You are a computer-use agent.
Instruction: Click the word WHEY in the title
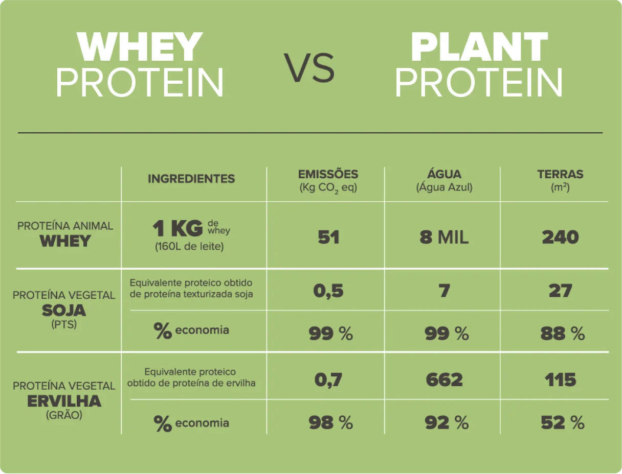140,46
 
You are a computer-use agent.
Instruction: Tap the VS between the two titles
309,68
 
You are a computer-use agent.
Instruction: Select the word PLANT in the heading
480,46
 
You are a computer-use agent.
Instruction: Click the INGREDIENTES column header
191,179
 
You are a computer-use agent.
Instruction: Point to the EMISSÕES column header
328,174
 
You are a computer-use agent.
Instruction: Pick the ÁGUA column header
444,174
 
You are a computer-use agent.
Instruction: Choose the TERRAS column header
560,174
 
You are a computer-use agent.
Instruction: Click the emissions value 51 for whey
328,237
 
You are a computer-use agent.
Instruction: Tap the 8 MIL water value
444,237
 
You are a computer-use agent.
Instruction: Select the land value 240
560,237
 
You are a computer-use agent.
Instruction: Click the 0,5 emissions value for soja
328,291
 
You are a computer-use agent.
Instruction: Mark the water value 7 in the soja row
445,291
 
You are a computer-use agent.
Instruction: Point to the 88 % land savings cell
563,334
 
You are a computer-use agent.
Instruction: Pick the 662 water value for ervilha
444,380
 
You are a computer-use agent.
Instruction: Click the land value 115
560,380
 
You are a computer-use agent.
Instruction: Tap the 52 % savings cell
563,423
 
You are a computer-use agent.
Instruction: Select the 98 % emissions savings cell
331,423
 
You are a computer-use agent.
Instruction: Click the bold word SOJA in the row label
64,311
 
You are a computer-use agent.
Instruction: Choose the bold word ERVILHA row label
64,401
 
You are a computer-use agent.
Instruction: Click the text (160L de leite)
189,247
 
